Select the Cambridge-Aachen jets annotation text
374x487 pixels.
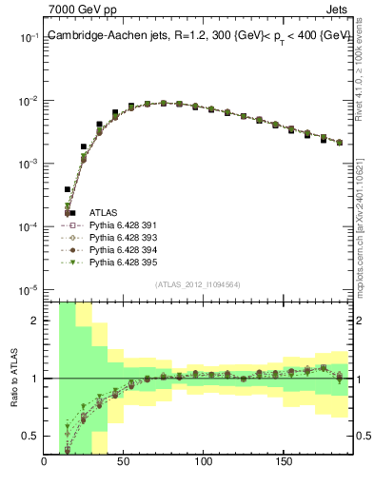pyautogui.click(x=199, y=35)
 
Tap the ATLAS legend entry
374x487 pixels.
pyautogui.click(x=103, y=212)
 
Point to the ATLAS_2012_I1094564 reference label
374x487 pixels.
pyautogui.click(x=199, y=283)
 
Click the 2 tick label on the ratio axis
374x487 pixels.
pyautogui.click(x=34, y=321)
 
